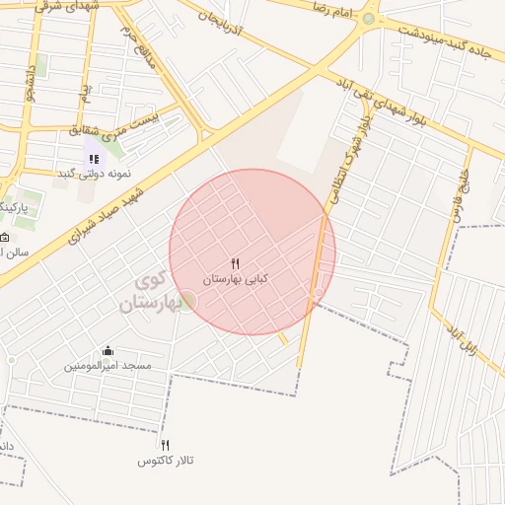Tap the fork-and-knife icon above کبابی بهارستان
click(x=235, y=263)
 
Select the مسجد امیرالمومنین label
click(x=108, y=366)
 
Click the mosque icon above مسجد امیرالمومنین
click(x=108, y=350)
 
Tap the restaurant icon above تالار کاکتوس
click(x=166, y=445)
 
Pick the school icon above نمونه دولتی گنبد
click(x=94, y=158)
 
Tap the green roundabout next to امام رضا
click(x=369, y=19)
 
